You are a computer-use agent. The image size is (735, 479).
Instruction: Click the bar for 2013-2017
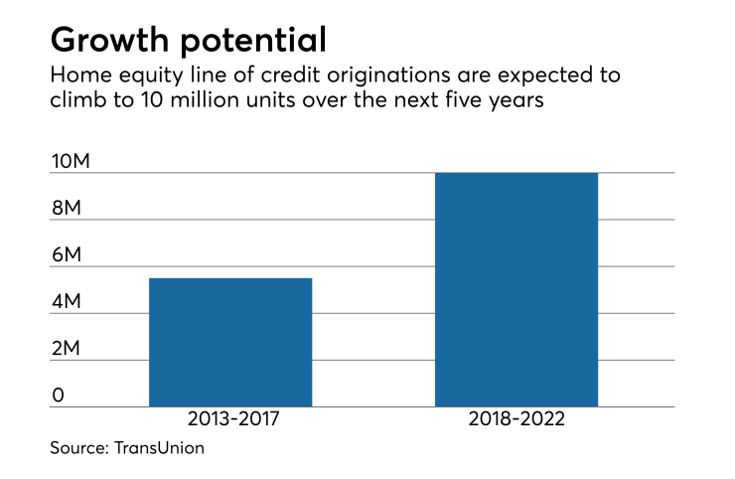pos(230,342)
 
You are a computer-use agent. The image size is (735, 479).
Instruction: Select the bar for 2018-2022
pos(516,289)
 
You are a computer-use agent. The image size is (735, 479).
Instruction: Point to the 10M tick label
pos(71,162)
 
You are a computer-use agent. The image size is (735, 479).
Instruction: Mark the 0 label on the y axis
pos(59,396)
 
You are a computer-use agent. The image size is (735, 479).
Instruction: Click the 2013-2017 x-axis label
pos(230,420)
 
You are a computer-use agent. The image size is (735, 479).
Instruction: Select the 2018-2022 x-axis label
pos(516,420)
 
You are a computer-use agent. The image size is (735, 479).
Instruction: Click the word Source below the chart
pos(78,449)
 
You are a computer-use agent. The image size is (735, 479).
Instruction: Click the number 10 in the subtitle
pos(146,101)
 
